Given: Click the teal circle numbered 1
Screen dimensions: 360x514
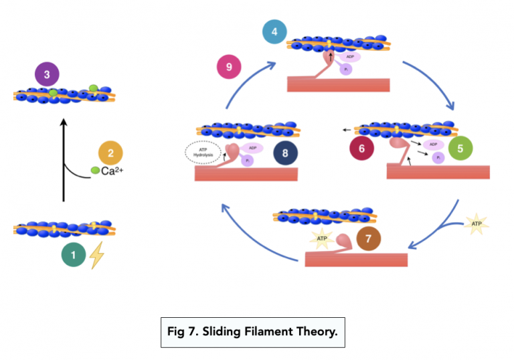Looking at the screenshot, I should click(74, 255).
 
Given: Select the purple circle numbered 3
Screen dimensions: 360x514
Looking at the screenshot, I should click(47, 74).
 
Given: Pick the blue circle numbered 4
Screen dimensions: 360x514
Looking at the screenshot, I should click(274, 32).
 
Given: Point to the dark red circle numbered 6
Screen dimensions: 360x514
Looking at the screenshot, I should click(362, 149).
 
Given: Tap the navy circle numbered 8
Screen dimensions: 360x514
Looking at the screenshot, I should click(286, 153).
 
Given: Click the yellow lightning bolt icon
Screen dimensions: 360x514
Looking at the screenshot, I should click(96, 255).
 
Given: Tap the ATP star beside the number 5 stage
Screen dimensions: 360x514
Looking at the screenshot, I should click(477, 223).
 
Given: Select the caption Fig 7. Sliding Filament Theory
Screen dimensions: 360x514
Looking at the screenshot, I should click(252, 332).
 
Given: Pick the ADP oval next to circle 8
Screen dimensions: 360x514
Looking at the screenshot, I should click(253, 148).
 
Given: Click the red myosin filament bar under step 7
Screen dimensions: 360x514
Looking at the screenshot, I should click(356, 258).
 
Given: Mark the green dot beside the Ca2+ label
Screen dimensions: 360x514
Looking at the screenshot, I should click(94, 173).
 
